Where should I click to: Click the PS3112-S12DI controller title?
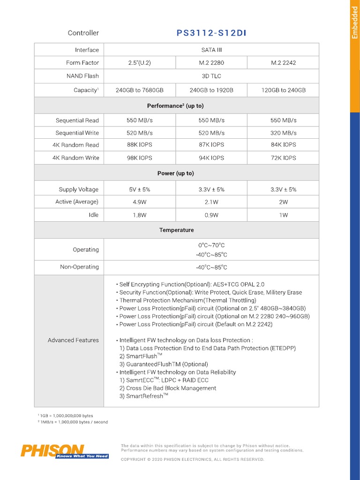coord(211,33)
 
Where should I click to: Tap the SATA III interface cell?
coord(211,50)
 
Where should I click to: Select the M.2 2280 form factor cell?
coord(211,63)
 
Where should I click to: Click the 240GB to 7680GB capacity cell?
coord(139,90)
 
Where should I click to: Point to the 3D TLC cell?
coord(211,76)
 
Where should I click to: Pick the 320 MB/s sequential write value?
coord(283,133)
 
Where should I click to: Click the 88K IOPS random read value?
coord(139,145)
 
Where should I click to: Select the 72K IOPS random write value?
coord(283,158)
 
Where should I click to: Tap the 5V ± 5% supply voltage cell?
coord(139,189)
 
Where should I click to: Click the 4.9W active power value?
coord(139,202)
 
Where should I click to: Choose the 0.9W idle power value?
coord(211,215)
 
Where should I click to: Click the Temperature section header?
coord(176,230)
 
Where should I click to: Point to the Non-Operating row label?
coord(79,267)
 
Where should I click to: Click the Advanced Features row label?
coord(73,340)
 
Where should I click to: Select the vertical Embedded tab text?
coord(355,22)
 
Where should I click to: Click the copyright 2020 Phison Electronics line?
coord(192,459)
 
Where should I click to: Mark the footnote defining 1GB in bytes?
coord(65,416)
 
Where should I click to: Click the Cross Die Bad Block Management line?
coord(168,388)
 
